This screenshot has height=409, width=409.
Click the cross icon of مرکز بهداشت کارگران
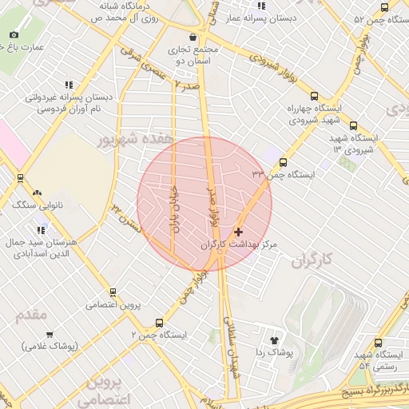pyautogui.click(x=238, y=232)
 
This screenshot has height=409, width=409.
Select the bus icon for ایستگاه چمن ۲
pyautogui.click(x=159, y=324)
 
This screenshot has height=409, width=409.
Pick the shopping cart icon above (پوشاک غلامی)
pyautogui.click(x=50, y=334)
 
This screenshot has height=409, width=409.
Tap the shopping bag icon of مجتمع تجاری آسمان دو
pyautogui.click(x=193, y=37)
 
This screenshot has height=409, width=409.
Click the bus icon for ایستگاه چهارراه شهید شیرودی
pyautogui.click(x=314, y=94)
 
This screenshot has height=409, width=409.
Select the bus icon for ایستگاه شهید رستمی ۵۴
pyautogui.click(x=378, y=343)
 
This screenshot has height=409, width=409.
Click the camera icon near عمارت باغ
pyautogui.click(x=14, y=35)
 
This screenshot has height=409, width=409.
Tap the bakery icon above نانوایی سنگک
pyautogui.click(x=37, y=193)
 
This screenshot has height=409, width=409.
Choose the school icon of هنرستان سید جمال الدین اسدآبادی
pyautogui.click(x=42, y=229)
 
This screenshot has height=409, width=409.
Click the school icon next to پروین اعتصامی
pyautogui.click(x=113, y=292)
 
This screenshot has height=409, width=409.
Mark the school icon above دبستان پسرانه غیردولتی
pyautogui.click(x=69, y=84)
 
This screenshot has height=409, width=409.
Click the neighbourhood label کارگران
pyautogui.click(x=311, y=260)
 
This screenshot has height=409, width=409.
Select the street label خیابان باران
pyautogui.click(x=173, y=209)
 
